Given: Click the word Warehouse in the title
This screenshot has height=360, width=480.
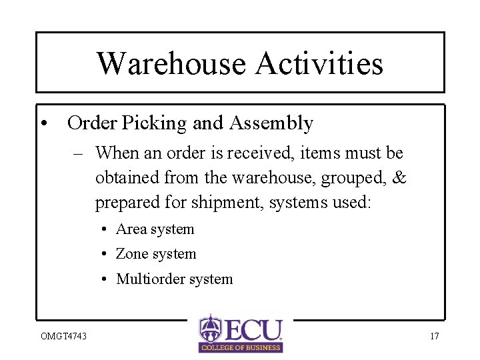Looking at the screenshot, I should (171, 63).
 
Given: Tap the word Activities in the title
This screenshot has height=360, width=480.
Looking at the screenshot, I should (319, 63).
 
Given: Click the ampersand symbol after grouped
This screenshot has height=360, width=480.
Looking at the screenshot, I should (399, 178).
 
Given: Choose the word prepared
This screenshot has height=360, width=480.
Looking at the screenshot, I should (123, 203).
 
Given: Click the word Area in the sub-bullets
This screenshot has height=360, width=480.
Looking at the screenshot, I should (131, 229).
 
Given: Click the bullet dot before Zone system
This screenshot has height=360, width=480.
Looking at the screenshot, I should (106, 255).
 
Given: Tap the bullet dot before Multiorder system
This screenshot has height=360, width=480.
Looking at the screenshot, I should (106, 279).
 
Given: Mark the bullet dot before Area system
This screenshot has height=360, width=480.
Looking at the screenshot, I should (106, 230).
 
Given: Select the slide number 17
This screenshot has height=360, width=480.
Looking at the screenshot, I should (434, 336).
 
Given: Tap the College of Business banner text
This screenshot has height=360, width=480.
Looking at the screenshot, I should (241, 347).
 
